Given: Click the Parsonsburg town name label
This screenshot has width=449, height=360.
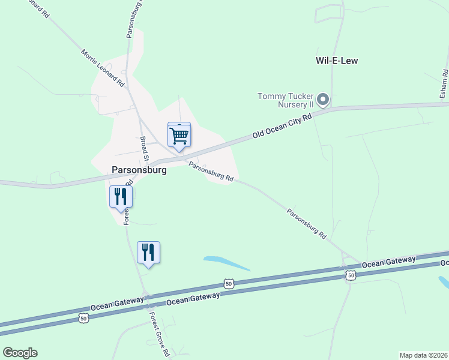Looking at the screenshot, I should pyautogui.click(x=139, y=170).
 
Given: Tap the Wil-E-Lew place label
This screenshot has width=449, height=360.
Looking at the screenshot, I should pyautogui.click(x=337, y=61).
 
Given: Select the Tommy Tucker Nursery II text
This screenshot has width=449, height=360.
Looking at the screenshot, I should pyautogui.click(x=286, y=100).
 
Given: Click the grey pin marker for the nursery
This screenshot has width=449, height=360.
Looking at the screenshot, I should pyautogui.click(x=323, y=100).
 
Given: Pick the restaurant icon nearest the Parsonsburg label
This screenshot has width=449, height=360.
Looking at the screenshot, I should pyautogui.click(x=121, y=196).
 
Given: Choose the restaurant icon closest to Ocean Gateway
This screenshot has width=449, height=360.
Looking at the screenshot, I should pyautogui.click(x=148, y=252).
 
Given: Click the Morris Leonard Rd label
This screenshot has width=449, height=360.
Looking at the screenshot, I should pyautogui.click(x=103, y=67).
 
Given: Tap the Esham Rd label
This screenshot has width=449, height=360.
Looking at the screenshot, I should pyautogui.click(x=445, y=84).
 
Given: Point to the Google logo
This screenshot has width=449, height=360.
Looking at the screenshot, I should pyautogui.click(x=20, y=353).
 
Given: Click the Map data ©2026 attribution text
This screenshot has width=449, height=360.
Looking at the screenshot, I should pyautogui.click(x=423, y=355).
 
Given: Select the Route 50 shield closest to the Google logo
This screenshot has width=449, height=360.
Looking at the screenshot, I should pyautogui.click(x=83, y=317).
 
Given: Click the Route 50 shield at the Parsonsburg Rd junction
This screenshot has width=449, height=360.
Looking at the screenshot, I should pyautogui.click(x=350, y=275).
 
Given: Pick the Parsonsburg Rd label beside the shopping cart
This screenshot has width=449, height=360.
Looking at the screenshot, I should pyautogui.click(x=210, y=171).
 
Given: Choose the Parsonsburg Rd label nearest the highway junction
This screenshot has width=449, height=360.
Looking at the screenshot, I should pyautogui.click(x=306, y=224).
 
